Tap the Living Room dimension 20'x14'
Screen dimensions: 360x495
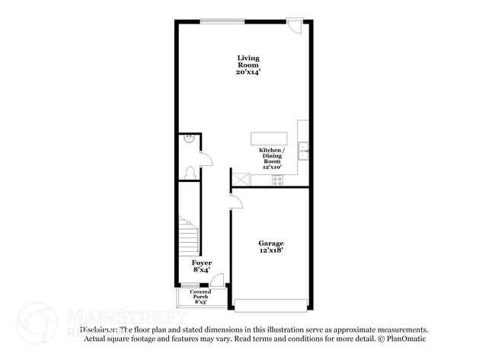[247, 72]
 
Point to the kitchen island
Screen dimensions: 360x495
[270, 138]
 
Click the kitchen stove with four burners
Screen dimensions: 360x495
[277, 180]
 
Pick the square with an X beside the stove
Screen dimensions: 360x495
[241, 180]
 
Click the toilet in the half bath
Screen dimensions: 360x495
[190, 172]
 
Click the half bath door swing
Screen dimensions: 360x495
[206, 157]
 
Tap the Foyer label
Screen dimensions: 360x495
[202, 263]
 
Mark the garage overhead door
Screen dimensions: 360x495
[272, 306]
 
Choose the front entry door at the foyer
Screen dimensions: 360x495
[216, 282]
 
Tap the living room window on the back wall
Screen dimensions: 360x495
[222, 19]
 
